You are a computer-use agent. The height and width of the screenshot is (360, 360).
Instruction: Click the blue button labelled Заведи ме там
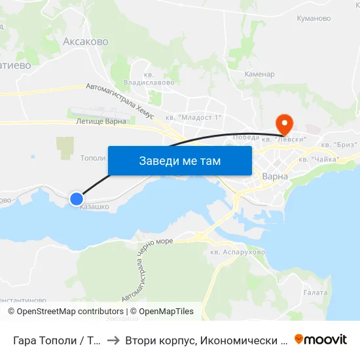[179, 160]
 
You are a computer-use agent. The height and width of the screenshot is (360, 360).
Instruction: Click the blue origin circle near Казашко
[77, 198]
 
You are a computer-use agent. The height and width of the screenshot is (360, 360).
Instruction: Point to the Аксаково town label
[85, 41]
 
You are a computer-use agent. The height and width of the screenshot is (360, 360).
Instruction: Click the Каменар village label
[259, 74]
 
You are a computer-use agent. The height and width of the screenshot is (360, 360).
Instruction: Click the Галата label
[315, 293]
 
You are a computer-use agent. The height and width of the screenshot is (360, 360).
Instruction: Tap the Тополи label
[92, 158]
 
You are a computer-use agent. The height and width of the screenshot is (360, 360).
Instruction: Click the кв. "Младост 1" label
[194, 118]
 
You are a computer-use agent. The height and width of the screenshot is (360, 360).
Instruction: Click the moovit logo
[320, 340]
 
